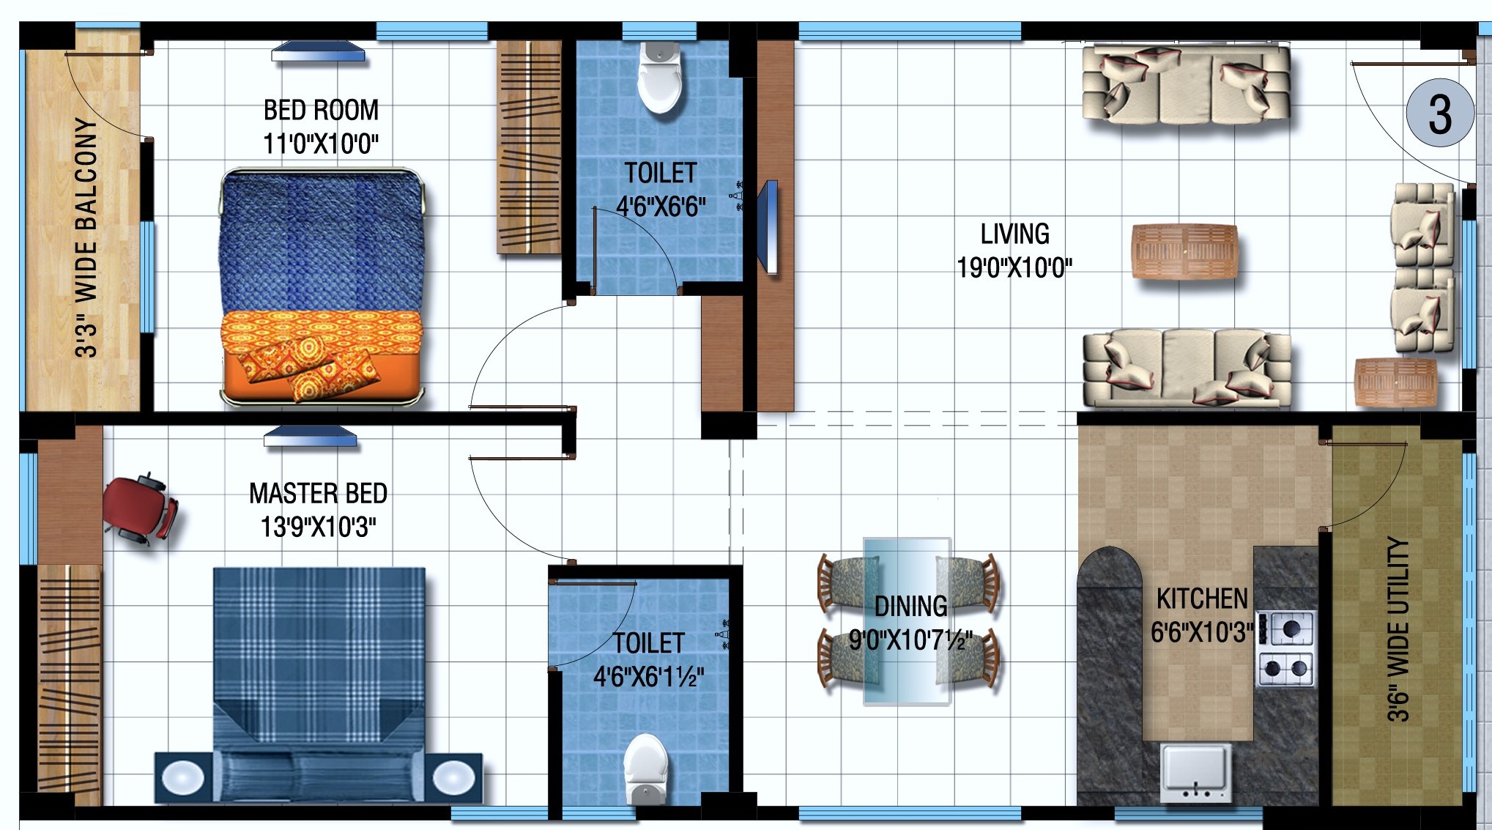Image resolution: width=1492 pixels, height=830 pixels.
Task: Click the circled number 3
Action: pyautogui.click(x=1440, y=113)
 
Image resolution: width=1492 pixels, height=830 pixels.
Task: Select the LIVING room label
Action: pyautogui.click(x=1015, y=234)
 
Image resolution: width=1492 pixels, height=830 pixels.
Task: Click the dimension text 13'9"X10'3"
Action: pyautogui.click(x=319, y=527)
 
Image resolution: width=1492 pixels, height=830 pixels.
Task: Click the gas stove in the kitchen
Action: pyautogui.click(x=1286, y=648)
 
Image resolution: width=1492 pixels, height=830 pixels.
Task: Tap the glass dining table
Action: pyautogui.click(x=907, y=621)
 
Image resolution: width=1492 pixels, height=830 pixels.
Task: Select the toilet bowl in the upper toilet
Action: pyautogui.click(x=660, y=77)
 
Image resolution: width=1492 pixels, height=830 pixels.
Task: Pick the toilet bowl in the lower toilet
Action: pyautogui.click(x=645, y=769)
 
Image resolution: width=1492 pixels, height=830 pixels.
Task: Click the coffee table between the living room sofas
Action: pyautogui.click(x=1184, y=251)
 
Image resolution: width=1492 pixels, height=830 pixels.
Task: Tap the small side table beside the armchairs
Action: pyautogui.click(x=1395, y=382)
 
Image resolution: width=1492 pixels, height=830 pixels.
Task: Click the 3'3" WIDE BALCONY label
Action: pyautogui.click(x=86, y=237)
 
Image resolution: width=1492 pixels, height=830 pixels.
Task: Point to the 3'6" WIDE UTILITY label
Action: pyautogui.click(x=1398, y=629)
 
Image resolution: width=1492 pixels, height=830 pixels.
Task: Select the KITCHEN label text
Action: pyautogui.click(x=1202, y=599)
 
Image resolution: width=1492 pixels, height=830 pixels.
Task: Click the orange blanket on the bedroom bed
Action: pyautogui.click(x=322, y=355)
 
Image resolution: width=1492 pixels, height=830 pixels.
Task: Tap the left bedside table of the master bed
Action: pyautogui.click(x=183, y=777)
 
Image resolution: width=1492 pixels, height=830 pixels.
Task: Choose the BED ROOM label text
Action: pyautogui.click(x=321, y=110)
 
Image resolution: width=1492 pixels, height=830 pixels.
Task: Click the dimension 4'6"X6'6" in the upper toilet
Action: pyautogui.click(x=661, y=207)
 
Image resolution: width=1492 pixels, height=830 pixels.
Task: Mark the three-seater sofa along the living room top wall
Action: pyautogui.click(x=1187, y=84)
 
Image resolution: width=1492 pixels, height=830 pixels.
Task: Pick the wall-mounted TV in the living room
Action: pyautogui.click(x=770, y=226)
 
